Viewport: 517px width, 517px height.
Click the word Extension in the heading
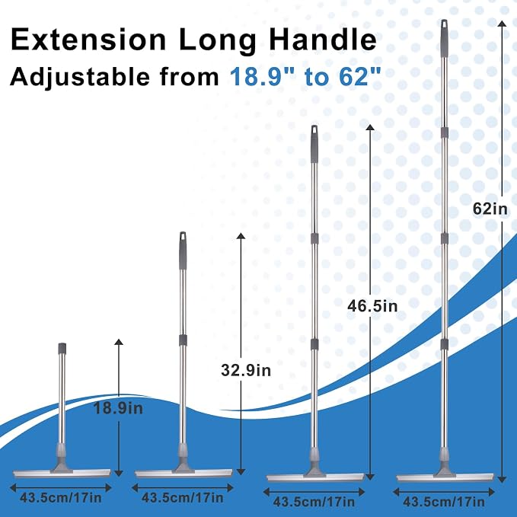pyautogui.click(x=88, y=40)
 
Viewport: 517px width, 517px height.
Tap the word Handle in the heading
pyautogui.click(x=323, y=40)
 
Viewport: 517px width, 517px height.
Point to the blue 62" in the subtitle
pyautogui.click(x=360, y=76)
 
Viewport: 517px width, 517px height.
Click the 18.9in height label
pyautogui.click(x=118, y=408)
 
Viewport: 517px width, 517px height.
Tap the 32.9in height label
pyautogui.click(x=246, y=370)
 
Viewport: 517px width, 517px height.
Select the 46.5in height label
pyautogui.click(x=372, y=306)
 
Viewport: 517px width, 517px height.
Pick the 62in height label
pyautogui.click(x=490, y=209)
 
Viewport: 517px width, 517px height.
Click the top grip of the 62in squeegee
pyautogui.click(x=444, y=38)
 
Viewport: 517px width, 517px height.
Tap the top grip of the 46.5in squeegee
pyautogui.click(x=314, y=144)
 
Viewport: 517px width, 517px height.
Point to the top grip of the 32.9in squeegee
pyautogui.click(x=183, y=251)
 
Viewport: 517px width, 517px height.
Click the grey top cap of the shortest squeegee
pyautogui.click(x=62, y=349)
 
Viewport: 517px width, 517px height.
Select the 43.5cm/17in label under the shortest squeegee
pyautogui.click(x=61, y=497)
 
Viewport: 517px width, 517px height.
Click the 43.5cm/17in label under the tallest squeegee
pyautogui.click(x=444, y=503)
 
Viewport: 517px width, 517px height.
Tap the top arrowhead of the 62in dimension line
pyautogui.click(x=502, y=24)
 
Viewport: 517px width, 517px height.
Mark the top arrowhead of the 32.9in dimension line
pyautogui.click(x=241, y=236)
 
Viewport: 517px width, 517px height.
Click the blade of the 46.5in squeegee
pyautogui.click(x=315, y=478)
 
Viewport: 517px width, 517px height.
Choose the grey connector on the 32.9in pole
pyautogui.click(x=183, y=340)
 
